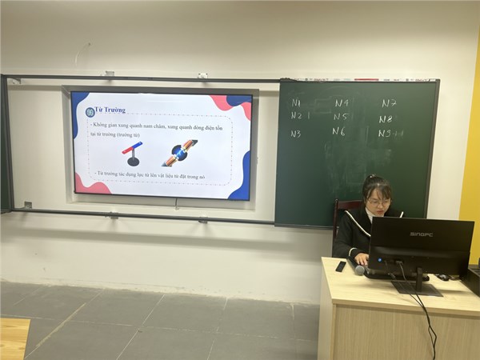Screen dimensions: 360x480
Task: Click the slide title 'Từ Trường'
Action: coord(110,110)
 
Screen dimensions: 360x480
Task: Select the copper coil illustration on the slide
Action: coord(180,152)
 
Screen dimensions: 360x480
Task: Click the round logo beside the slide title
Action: coord(90,111)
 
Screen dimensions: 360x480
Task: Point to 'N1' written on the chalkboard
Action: coord(296,102)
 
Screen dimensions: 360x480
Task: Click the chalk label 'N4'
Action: coord(342,103)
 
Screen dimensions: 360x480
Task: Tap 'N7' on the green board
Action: coord(389,103)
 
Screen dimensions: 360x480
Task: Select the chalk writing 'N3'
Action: coord(296,134)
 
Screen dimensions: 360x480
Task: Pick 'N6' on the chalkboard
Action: coord(339,132)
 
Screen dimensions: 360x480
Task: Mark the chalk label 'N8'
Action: coord(386,118)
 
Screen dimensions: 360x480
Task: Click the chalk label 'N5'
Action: coord(341,117)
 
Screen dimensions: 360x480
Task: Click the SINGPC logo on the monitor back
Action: coord(421,234)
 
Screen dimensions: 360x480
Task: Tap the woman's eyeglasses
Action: coord(378,202)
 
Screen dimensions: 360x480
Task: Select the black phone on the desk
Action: coord(340,266)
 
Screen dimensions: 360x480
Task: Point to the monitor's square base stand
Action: coord(417,288)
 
